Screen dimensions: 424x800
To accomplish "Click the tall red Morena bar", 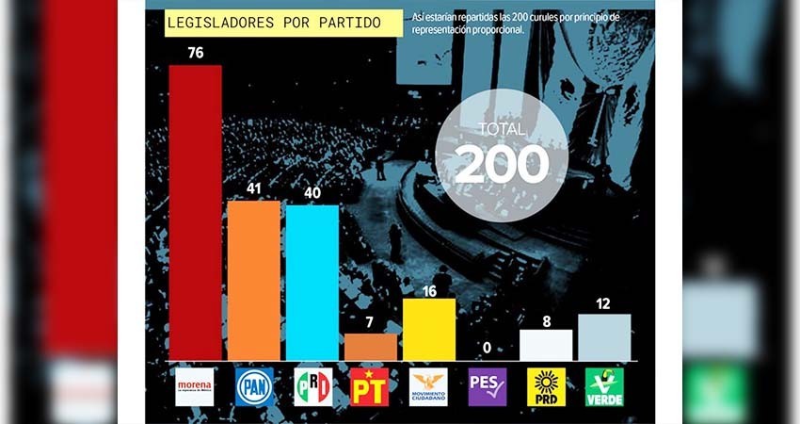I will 195,212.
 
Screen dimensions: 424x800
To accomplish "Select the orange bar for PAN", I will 254,280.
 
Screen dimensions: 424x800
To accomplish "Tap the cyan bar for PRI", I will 312,282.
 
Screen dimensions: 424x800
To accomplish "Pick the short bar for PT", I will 370,347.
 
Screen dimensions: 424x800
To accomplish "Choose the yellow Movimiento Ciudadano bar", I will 428,329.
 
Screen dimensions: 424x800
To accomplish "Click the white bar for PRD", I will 546,344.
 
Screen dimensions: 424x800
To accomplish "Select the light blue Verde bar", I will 604,336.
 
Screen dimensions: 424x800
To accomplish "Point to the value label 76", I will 195,53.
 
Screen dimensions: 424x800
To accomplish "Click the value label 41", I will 254,188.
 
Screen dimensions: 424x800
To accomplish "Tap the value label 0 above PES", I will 487,349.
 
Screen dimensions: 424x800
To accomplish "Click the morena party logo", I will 195,386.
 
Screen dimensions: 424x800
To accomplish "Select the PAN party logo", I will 254,386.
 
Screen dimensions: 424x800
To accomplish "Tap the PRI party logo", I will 312,386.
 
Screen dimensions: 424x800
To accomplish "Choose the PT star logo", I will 370,386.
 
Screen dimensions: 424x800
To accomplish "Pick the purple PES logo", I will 488,386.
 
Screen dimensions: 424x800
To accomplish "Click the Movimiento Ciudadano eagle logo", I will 428,386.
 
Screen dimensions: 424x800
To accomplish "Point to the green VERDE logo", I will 604,386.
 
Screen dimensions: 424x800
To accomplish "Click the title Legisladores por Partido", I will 273,23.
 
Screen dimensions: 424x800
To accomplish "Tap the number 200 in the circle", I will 502,165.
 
